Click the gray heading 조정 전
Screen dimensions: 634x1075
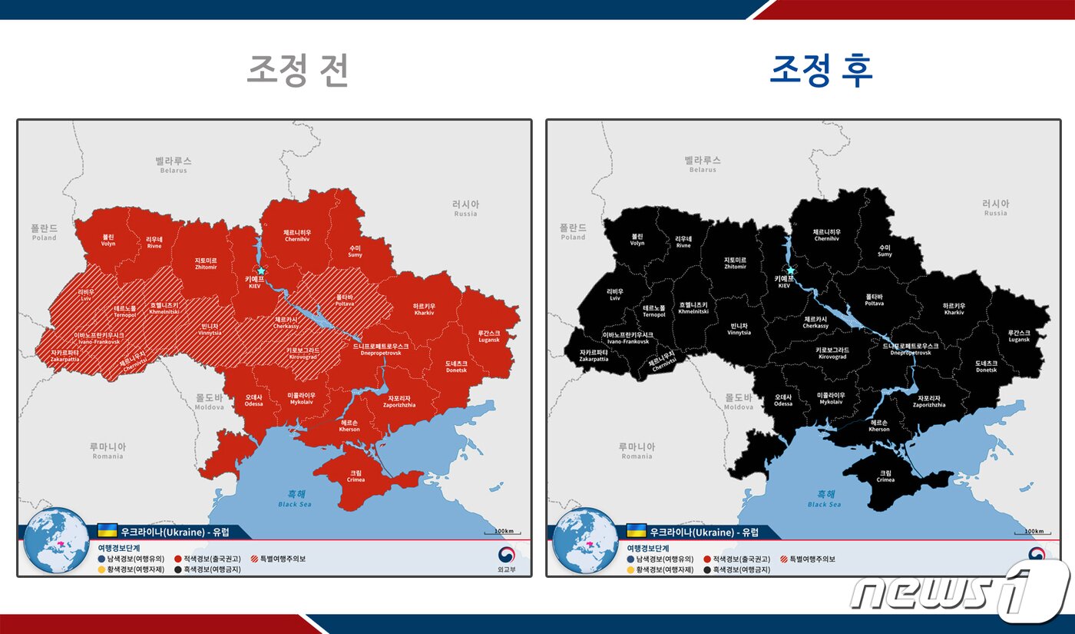click(298, 71)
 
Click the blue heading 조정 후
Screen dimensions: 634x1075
click(821, 71)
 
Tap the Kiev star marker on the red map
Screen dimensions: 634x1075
click(261, 271)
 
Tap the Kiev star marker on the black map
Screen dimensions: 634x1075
click(790, 271)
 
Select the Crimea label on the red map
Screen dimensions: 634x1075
click(356, 476)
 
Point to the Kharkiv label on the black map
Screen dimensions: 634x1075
click(954, 309)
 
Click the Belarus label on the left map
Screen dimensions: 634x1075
click(174, 164)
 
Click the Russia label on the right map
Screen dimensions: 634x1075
click(995, 207)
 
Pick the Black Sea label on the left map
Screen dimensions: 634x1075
click(295, 499)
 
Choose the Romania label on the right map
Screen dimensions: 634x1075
click(637, 450)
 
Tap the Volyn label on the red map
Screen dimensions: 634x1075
click(108, 240)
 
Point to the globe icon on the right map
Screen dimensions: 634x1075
click(584, 539)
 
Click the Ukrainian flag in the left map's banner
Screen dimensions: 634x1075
click(107, 531)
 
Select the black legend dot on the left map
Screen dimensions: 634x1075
click(177, 569)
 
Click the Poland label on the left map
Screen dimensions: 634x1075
click(45, 232)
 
